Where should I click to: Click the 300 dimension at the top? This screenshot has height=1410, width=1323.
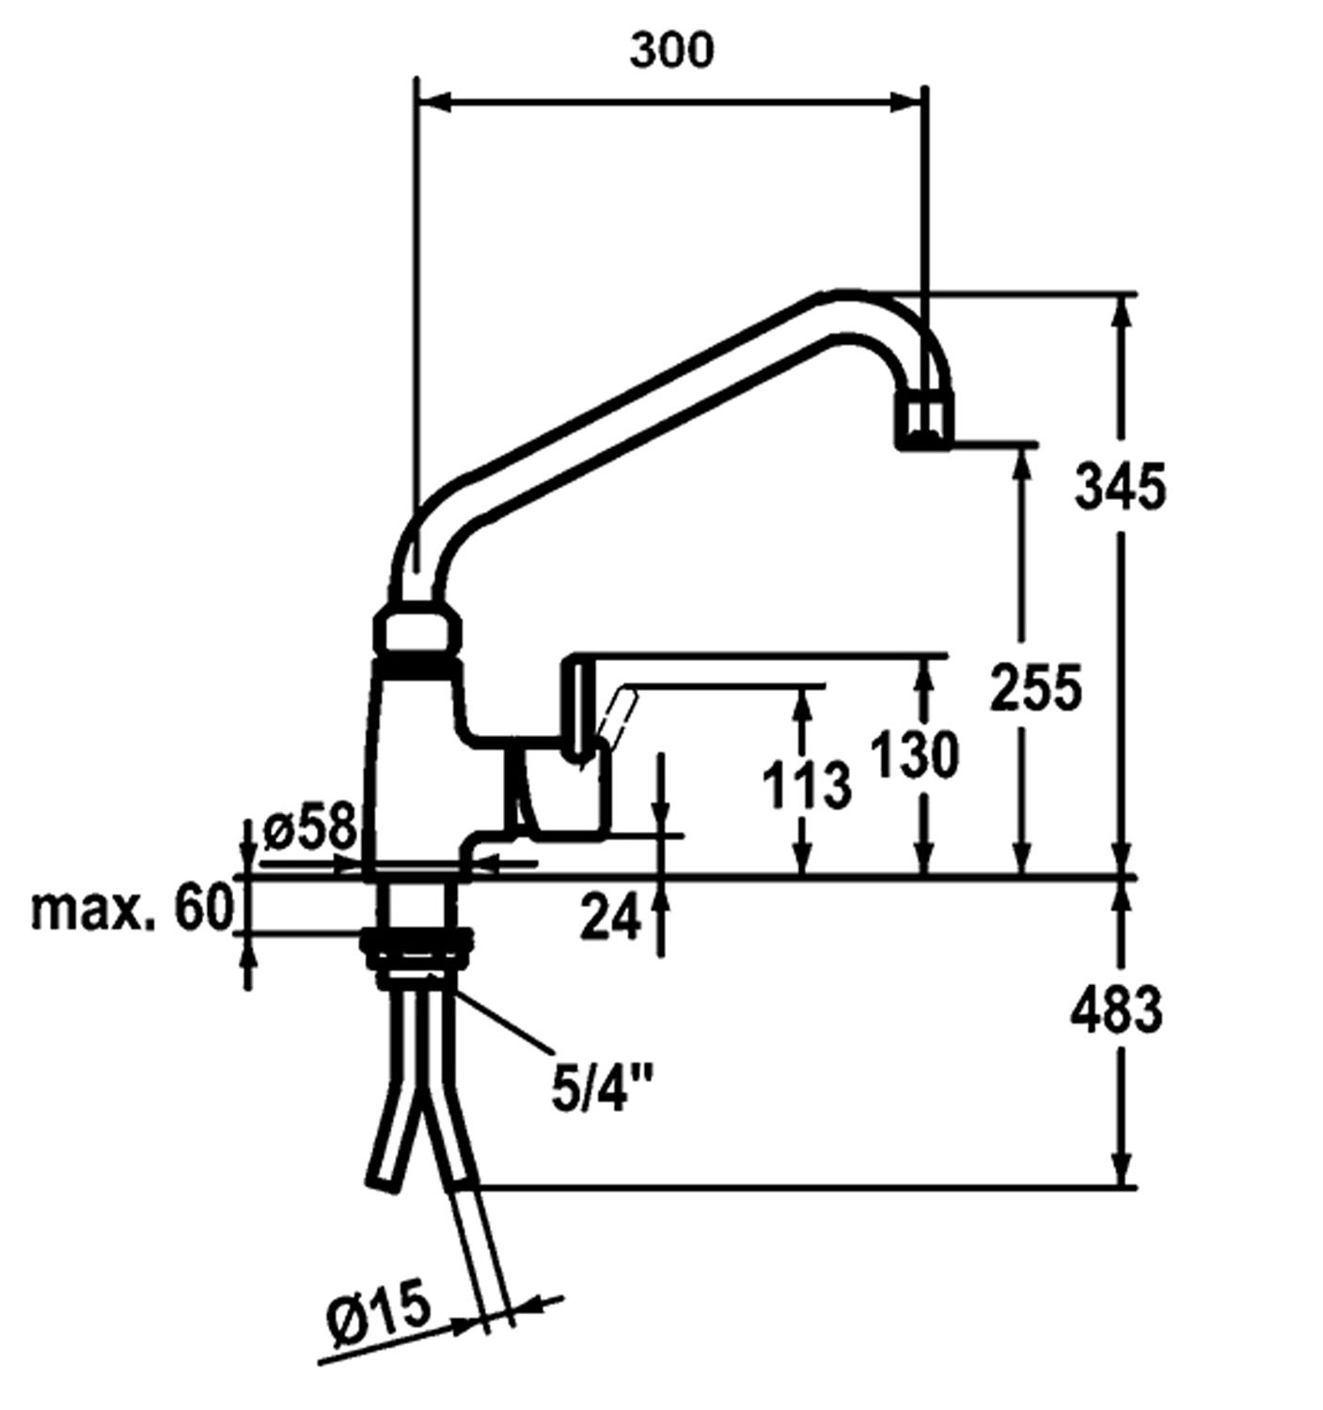[670, 50]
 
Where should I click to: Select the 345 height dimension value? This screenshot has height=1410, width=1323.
[1120, 487]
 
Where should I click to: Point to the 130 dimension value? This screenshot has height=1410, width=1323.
[914, 755]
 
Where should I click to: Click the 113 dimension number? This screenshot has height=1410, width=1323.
[806, 785]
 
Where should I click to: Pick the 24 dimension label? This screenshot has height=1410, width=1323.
[610, 916]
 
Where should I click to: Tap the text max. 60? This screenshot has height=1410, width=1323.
[131, 909]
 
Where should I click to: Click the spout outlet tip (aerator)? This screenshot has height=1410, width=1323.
[923, 423]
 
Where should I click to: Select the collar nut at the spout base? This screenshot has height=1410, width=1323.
[418, 631]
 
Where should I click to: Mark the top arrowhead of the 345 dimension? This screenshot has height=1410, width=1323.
[1120, 310]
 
